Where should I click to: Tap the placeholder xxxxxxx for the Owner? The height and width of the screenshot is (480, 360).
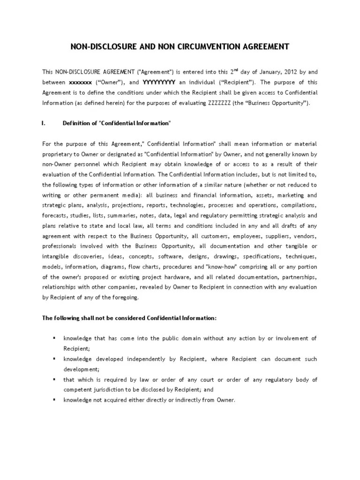point(80,82)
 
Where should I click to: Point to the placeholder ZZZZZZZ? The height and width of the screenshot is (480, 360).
point(219,103)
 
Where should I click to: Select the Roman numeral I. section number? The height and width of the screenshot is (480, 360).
point(44,123)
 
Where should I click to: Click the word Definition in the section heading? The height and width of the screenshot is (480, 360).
point(77,123)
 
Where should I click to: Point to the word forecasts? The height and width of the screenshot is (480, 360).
point(55,215)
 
